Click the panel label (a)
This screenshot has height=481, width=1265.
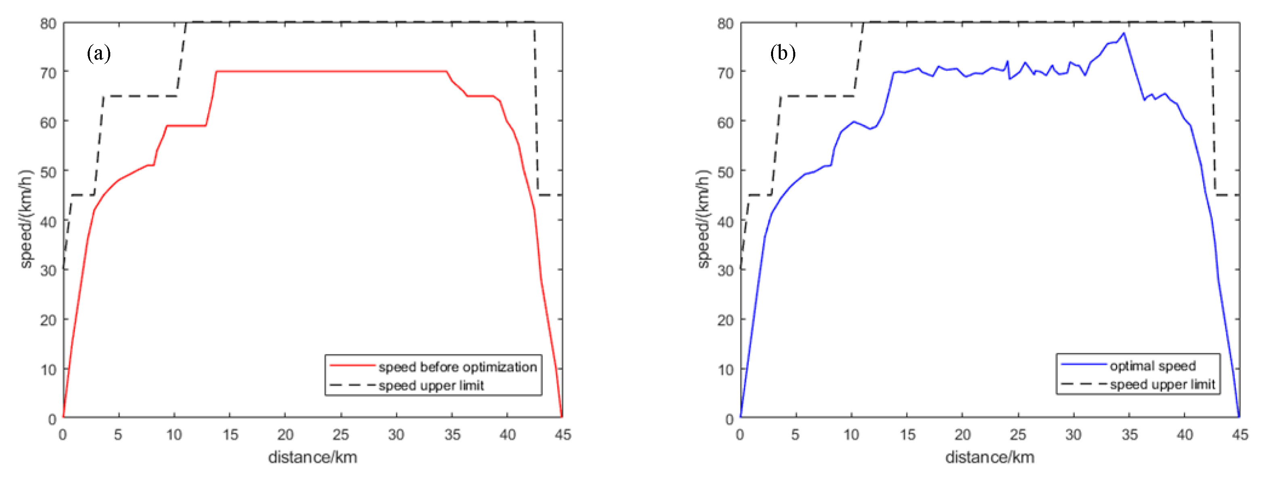coord(99,53)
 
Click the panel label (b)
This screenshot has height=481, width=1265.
coord(782,53)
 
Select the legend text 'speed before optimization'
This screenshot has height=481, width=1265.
coord(457,367)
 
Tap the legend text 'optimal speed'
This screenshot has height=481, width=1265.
coord(1153,366)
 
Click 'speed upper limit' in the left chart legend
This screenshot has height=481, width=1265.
coord(431,386)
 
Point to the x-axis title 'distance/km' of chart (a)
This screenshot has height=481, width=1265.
coord(312,458)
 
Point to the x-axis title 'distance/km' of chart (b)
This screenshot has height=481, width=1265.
coord(990,458)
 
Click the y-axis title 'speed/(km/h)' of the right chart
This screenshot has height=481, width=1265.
coord(703,220)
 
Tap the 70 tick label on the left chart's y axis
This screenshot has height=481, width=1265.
coord(48,73)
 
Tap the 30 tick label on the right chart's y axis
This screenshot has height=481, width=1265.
coord(725,270)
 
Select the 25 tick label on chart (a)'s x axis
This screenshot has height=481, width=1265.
coord(340,435)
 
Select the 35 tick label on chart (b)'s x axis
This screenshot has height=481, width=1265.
coord(1129,435)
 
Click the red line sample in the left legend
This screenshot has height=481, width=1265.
coord(352,366)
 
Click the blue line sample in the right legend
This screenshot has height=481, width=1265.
coord(1083,365)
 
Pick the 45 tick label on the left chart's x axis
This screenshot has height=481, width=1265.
coord(563,435)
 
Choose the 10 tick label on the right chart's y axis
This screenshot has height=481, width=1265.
coord(725,370)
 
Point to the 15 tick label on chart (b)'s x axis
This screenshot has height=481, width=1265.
coord(907,435)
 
